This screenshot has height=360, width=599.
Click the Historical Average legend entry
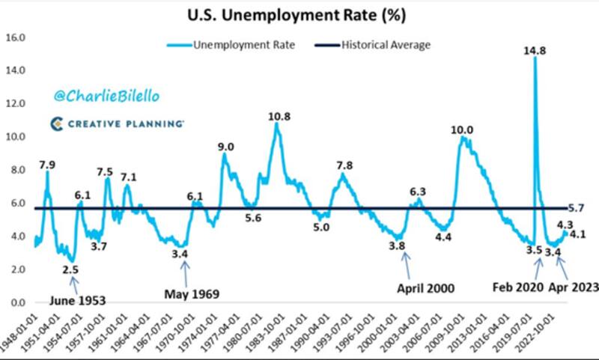click(386, 45)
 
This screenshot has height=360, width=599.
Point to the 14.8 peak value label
click(535, 50)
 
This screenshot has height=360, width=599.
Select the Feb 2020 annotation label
click(519, 286)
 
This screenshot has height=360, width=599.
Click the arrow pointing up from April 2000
click(407, 262)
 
